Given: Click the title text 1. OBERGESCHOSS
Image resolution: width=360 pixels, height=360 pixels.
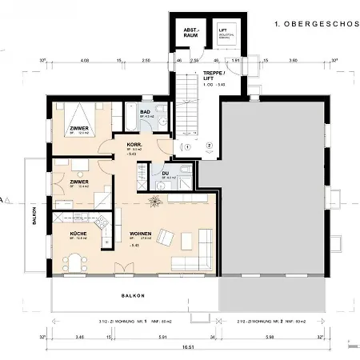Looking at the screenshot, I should pyautogui.click(x=314, y=25).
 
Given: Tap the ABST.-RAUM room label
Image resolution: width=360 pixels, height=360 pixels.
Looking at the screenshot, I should pyautogui.click(x=192, y=33).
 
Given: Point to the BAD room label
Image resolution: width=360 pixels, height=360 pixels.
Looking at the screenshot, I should pyautogui.click(x=146, y=113).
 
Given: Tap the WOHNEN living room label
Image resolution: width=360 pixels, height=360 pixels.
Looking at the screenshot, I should pyautogui.click(x=140, y=234).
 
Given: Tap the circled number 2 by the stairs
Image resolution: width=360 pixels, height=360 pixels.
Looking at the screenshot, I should pyautogui.click(x=208, y=145).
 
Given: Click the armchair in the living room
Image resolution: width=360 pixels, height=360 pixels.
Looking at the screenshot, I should pyautogui.click(x=166, y=237).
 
